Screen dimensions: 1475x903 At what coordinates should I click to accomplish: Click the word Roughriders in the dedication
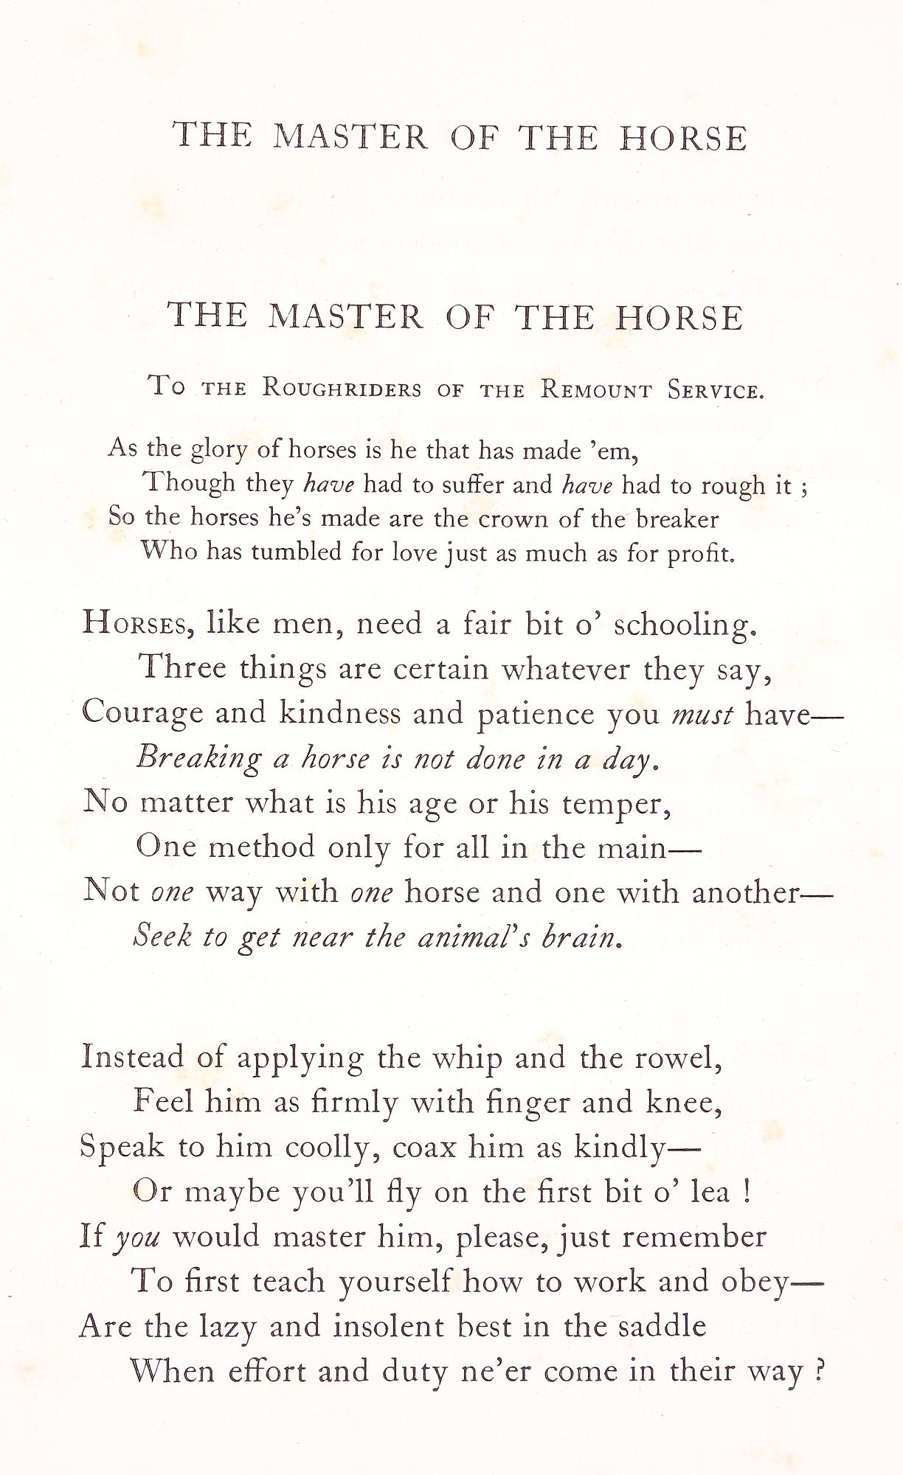pos(342,389)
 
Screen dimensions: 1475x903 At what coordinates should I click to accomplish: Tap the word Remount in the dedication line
pos(596,389)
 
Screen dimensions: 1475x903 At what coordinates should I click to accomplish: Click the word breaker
pos(677,519)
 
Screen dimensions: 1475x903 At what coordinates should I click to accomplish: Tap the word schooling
pos(685,625)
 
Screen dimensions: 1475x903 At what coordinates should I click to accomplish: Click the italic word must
pos(702,714)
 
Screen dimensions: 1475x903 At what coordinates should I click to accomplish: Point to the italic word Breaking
pos(199,758)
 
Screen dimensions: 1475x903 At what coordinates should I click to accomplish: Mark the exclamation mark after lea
pos(748,1192)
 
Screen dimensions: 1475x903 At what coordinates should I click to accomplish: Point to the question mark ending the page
pos(816,1370)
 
